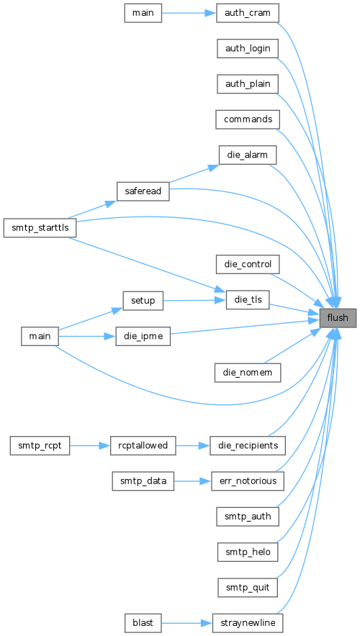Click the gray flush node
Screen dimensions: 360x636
(338, 317)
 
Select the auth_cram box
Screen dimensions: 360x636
(248, 14)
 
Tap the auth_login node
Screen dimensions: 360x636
(248, 49)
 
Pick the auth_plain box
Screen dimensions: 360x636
(248, 84)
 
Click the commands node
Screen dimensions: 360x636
(248, 119)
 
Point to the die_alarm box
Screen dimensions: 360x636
(248, 155)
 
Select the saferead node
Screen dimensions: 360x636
(143, 191)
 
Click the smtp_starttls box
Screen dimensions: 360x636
(40, 228)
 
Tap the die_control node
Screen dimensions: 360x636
(248, 265)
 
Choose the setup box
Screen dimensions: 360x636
(143, 301)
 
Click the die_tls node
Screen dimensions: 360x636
(248, 300)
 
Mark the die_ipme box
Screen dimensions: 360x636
(143, 336)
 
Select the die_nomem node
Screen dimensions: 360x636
(248, 372)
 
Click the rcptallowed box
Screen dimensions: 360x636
(143, 445)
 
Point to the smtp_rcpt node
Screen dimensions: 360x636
(40, 445)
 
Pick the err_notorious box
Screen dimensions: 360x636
(248, 481)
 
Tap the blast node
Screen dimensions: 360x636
(143, 622)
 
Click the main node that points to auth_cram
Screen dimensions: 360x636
(143, 14)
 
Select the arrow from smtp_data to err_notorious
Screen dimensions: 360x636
(193, 481)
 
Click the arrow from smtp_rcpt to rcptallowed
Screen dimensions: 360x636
(90, 445)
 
